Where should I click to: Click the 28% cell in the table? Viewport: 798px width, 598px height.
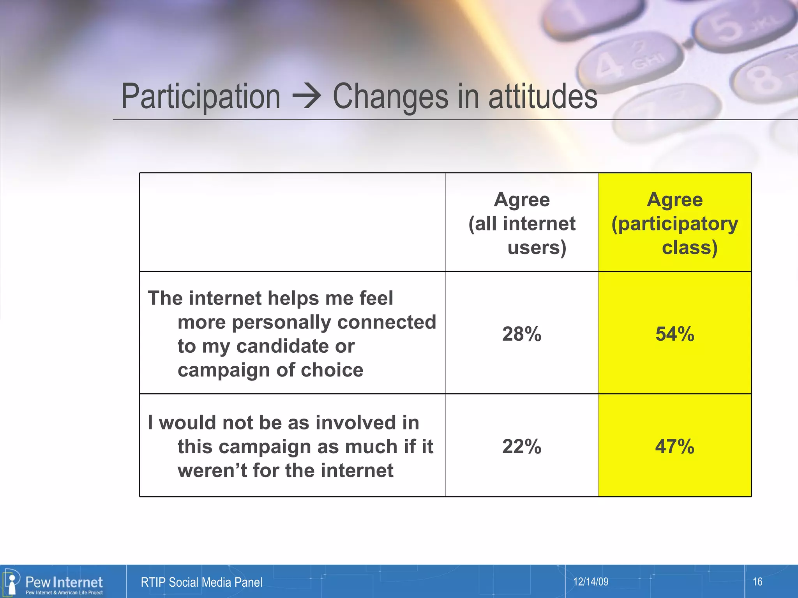521,334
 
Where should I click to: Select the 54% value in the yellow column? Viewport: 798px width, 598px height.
674,334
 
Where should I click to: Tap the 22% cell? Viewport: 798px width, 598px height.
521,446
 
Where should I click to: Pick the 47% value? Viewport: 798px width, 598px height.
674,446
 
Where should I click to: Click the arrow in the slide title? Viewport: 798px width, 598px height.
307,96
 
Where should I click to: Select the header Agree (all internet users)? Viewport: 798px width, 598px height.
521,223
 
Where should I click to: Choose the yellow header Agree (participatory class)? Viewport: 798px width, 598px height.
674,223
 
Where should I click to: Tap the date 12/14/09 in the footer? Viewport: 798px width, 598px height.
590,582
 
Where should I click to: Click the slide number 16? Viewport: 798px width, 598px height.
757,582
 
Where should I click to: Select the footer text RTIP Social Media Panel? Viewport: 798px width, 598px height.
201,582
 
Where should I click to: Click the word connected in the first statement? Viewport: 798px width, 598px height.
387,322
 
